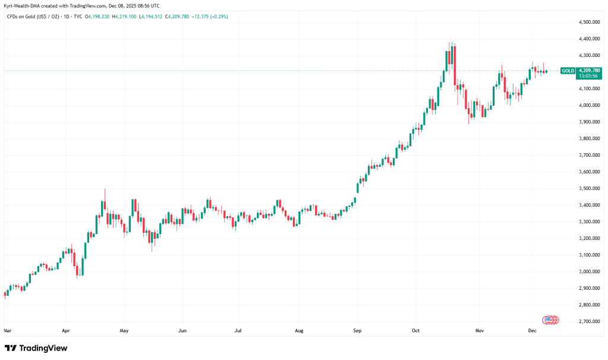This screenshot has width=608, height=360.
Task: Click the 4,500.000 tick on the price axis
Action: [588, 22]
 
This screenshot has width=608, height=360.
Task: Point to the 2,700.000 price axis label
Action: [588, 321]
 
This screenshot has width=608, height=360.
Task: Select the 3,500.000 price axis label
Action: [588, 188]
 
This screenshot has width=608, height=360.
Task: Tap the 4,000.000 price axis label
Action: [588, 105]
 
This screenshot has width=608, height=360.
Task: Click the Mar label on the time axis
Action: [8, 330]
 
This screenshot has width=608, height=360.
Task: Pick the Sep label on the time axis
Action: [357, 330]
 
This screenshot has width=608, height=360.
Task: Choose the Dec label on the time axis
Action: [533, 330]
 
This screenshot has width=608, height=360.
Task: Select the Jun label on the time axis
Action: [182, 330]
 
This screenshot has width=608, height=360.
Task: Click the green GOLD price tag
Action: [568, 71]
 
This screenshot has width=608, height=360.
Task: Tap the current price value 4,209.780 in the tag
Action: [588, 70]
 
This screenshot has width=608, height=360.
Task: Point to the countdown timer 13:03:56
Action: [588, 76]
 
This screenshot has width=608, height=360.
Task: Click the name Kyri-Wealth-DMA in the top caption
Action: [23, 5]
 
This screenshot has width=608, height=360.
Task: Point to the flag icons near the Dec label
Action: [550, 320]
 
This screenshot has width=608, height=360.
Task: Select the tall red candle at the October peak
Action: [453, 65]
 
